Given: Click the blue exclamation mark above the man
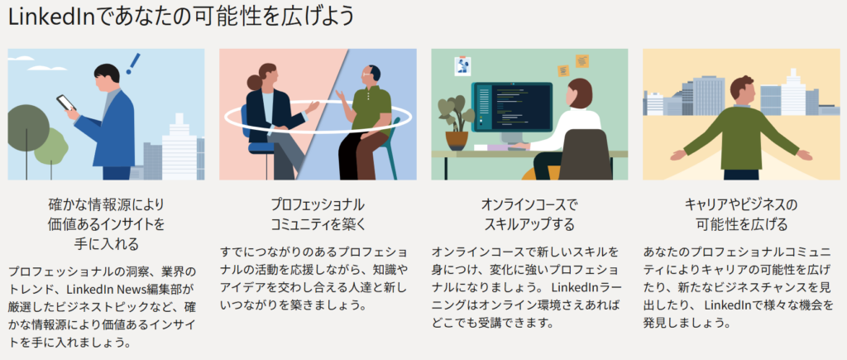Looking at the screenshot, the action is [132, 63].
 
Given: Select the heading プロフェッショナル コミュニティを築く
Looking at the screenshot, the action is [318, 214].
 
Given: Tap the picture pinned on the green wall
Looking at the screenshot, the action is [462, 66].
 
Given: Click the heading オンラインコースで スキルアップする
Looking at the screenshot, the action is [529, 214].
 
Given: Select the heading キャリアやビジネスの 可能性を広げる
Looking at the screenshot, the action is [741, 214].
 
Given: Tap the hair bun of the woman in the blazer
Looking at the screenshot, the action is [255, 82].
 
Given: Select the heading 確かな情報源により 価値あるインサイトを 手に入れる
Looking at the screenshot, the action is [106, 223].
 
